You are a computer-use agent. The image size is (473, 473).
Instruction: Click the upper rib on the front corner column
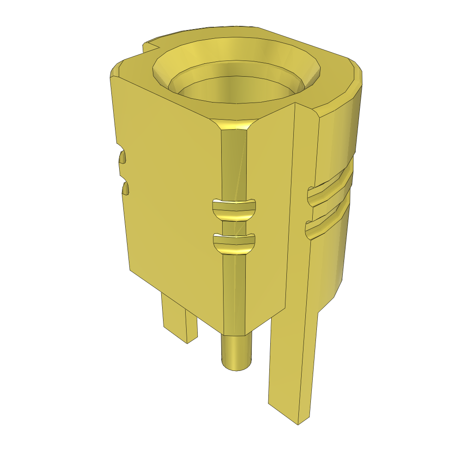(x=233, y=210)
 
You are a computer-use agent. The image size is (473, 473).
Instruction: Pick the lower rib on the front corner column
(x=233, y=244)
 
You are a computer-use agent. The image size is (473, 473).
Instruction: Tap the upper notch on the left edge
(x=122, y=158)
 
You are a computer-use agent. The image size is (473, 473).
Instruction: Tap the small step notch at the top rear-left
(x=150, y=47)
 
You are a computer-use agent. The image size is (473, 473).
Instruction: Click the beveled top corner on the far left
(x=115, y=69)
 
